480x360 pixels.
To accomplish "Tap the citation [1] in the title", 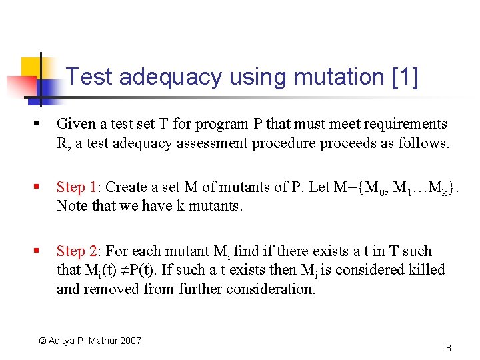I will pyautogui.click(x=406, y=78).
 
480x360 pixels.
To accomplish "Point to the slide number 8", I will pyautogui.click(x=449, y=348).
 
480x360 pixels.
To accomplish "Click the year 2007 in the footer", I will pyautogui.click(x=129, y=341).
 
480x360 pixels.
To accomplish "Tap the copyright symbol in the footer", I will pyautogui.click(x=43, y=341).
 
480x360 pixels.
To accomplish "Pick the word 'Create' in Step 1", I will pyautogui.click(x=127, y=187).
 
